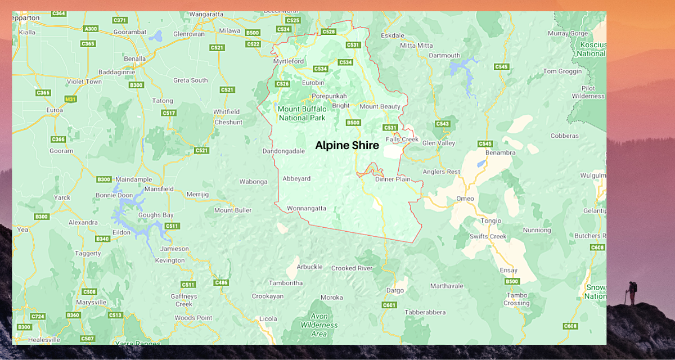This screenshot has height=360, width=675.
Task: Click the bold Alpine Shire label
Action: (346, 145)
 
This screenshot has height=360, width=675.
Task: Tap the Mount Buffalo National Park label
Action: (301, 113)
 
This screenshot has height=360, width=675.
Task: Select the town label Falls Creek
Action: (402, 139)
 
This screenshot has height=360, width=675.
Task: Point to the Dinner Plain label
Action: (393, 179)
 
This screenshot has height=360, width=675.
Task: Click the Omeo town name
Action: (465, 199)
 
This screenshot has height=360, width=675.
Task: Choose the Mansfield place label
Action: (159, 189)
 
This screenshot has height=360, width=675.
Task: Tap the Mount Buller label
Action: (232, 210)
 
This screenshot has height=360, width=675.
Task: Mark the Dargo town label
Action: (395, 291)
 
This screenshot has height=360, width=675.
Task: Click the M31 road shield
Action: (70, 100)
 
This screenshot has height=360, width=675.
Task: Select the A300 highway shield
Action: (90, 29)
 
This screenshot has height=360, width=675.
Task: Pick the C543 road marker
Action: (442, 124)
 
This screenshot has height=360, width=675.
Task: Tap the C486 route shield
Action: (221, 282)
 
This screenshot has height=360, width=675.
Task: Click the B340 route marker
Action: (102, 239)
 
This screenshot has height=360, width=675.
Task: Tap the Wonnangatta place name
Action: (307, 208)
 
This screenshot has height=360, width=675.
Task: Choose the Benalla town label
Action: (135, 58)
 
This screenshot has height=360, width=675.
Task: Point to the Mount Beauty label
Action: (380, 106)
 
